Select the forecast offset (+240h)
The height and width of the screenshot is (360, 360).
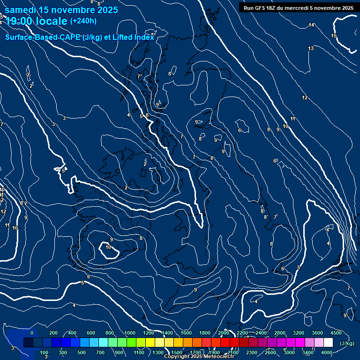coord(83,21)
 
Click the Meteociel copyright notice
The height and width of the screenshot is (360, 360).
coord(199,357)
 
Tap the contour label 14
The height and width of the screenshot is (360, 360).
coord(311,25)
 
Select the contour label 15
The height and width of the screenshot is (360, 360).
coord(334,36)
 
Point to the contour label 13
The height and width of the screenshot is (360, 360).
coord(311,48)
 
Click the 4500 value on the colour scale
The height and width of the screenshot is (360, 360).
coord(336,333)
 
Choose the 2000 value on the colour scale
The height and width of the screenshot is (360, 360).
coord(224,333)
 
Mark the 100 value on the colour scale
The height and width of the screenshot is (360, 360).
coord(44,352)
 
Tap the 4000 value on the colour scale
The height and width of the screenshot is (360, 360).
coord(327,352)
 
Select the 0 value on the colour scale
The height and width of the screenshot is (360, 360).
coord(32,333)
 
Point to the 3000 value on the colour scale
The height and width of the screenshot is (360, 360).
coord(289,352)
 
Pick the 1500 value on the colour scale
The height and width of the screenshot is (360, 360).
coord(176,352)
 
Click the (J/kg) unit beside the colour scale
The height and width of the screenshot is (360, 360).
coord(347,343)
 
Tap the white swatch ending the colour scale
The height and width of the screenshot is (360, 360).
coord(328,343)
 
